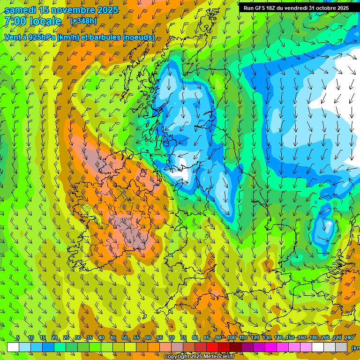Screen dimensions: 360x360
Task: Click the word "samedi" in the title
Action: [20, 10]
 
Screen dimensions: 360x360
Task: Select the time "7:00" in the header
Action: [14, 21]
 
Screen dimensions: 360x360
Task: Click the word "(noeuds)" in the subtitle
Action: [139, 37]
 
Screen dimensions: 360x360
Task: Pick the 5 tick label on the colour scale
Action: [18, 338]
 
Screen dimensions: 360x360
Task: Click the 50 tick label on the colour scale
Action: [125, 338]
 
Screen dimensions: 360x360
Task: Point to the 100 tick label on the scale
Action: [232, 338]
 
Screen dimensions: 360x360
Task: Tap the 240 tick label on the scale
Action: [349, 338]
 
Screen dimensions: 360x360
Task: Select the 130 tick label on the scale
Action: [267, 338]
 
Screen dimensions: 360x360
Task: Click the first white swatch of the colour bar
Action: [13, 347]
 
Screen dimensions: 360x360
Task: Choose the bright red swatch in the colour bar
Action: [212, 347]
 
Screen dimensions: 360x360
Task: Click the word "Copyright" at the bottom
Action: [176, 357]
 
